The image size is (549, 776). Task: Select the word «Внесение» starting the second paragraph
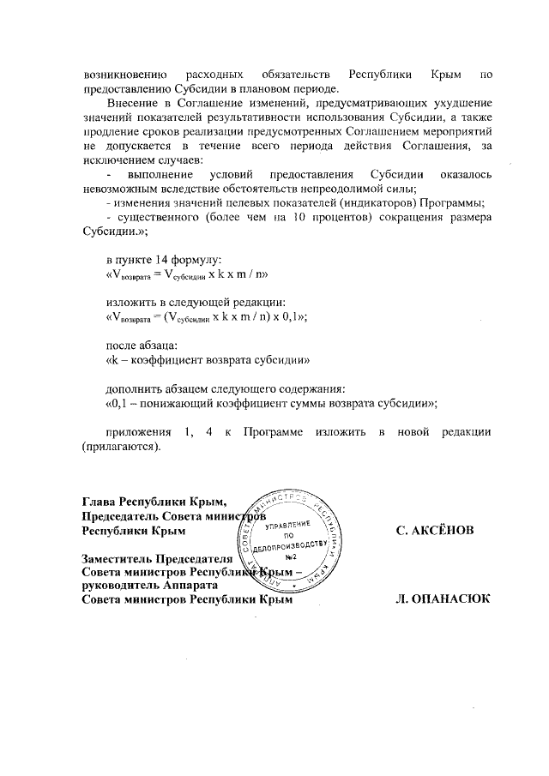pos(131,102)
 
